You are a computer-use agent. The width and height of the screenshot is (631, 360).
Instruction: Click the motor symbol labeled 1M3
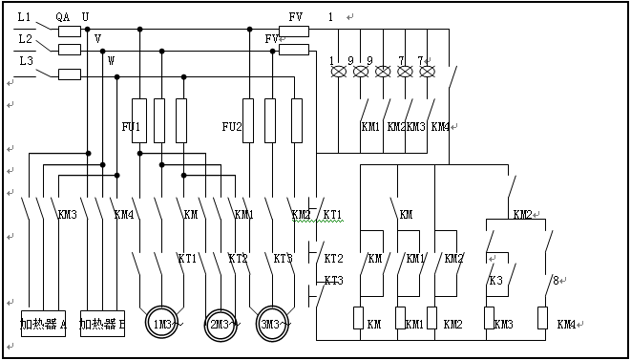[x=161, y=324]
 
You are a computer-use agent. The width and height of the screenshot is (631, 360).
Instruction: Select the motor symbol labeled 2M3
[x=220, y=325]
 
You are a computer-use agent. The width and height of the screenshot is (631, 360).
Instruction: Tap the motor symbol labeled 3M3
[x=272, y=324]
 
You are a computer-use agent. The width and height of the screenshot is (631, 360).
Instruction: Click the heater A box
[x=44, y=324]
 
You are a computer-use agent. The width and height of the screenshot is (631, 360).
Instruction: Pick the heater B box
[x=102, y=324]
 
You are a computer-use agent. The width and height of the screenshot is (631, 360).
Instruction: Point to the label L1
[x=24, y=17]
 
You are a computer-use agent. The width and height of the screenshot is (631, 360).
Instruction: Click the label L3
[x=27, y=61]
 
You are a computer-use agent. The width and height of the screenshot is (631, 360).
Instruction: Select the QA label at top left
[x=63, y=17]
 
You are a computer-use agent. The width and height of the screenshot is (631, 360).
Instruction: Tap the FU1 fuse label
[x=131, y=127]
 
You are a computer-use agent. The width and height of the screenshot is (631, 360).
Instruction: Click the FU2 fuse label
[x=232, y=127]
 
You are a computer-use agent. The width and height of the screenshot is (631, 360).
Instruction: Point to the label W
[x=111, y=61]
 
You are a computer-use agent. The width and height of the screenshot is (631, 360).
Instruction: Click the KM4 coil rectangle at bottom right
[x=542, y=318]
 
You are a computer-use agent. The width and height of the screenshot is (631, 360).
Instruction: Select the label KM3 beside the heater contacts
[x=68, y=214]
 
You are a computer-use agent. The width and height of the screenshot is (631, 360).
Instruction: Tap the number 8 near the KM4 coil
[x=556, y=281]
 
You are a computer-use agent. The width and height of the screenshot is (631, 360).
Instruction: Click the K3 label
[x=496, y=281]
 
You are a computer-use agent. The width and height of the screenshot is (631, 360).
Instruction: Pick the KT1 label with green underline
[x=332, y=214]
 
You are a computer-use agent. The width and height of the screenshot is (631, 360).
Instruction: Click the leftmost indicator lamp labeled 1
[x=339, y=72]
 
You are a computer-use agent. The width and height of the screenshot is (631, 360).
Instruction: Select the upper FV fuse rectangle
[x=294, y=32]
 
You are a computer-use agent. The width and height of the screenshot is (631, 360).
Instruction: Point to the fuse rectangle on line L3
[x=70, y=74]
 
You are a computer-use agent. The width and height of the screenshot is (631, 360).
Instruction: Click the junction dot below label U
[x=87, y=29]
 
